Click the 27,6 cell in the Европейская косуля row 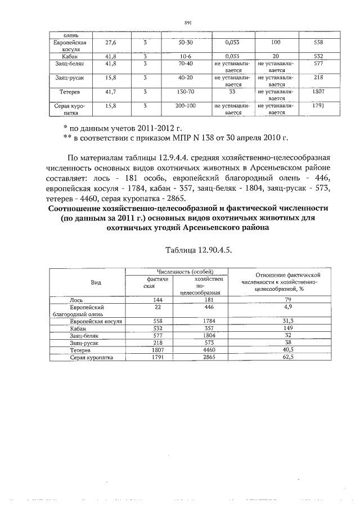[x=111, y=43]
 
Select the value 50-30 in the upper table [x=185, y=43]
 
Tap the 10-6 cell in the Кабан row [x=185, y=57]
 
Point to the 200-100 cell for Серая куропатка [x=185, y=105]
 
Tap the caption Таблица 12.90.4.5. [x=199, y=249]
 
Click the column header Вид [x=96, y=282]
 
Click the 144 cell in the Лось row [x=149, y=300]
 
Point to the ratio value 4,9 [x=287, y=307]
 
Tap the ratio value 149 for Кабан [x=287, y=327]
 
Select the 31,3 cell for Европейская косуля [x=287, y=321]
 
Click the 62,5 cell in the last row [x=287, y=357]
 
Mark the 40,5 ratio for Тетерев [x=287, y=349]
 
